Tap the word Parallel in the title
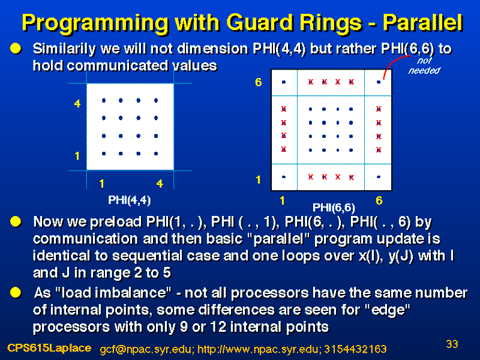point(423,22)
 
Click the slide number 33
point(452,344)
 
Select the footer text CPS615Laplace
point(49,348)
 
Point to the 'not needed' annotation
point(424,65)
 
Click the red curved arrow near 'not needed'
point(394,63)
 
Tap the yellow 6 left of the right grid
point(259,82)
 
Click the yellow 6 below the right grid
point(379,201)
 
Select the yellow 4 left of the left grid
point(77,104)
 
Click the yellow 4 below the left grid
point(160,184)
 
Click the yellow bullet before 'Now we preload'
point(16,221)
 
